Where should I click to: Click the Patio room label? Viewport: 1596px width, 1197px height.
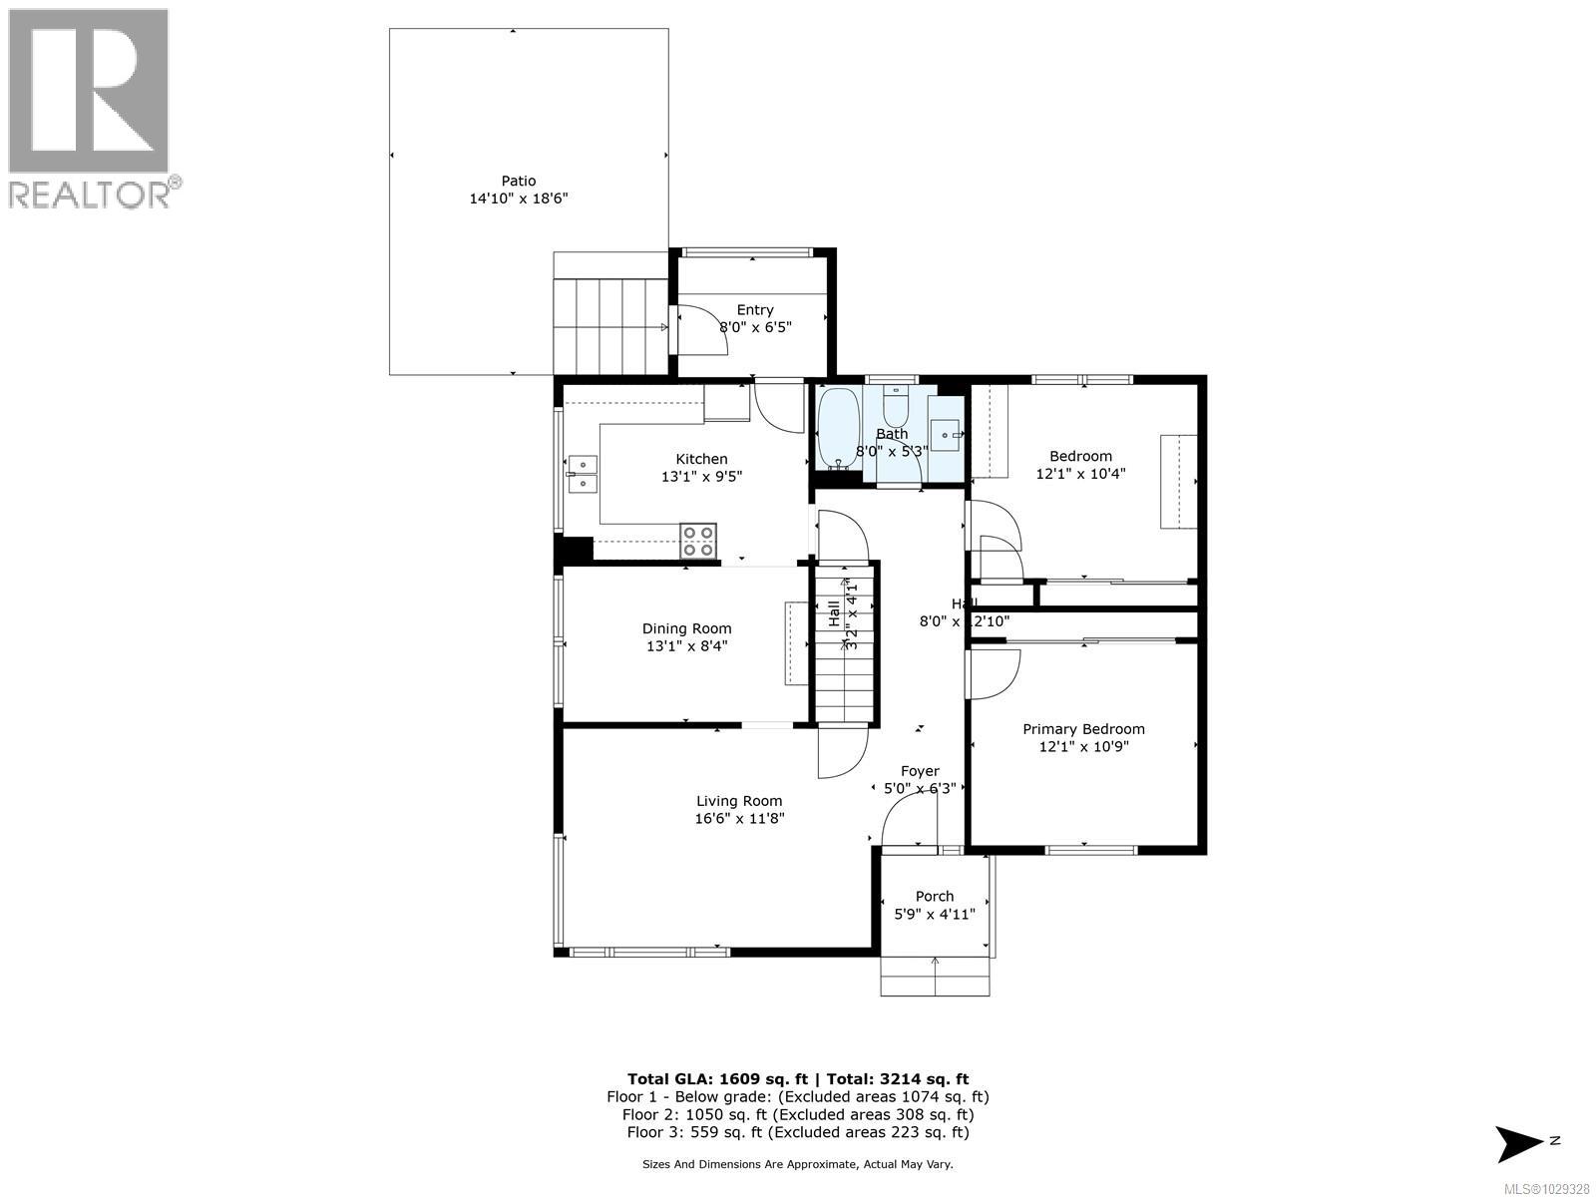pyautogui.click(x=518, y=181)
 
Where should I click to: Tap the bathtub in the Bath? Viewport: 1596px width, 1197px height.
pyautogui.click(x=837, y=429)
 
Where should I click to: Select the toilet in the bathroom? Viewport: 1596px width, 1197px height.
pyautogui.click(x=895, y=410)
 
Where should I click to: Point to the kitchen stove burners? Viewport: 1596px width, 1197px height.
pyautogui.click(x=697, y=540)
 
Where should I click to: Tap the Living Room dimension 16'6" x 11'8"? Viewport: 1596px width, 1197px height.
pyautogui.click(x=739, y=819)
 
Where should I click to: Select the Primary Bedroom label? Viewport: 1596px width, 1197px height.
pyautogui.click(x=1083, y=729)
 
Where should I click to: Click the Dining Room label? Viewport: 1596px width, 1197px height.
pyautogui.click(x=686, y=628)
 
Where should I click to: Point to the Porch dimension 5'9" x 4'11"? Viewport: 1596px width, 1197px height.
pyautogui.click(x=934, y=914)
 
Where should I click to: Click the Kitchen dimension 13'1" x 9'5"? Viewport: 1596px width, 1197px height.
pyautogui.click(x=701, y=477)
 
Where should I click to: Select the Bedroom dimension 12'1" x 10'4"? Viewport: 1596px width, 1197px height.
pyautogui.click(x=1080, y=474)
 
